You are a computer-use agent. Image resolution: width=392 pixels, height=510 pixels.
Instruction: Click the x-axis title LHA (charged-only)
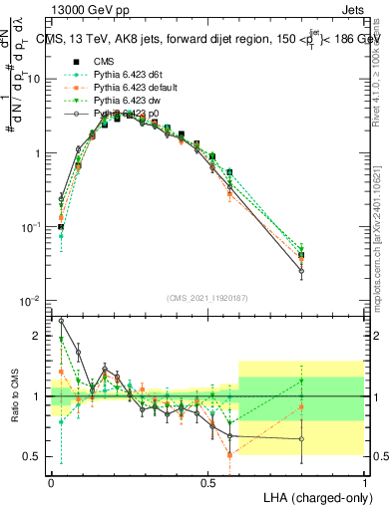[x=311, y=496]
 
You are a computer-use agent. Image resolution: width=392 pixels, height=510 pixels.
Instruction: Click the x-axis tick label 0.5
[x=207, y=481]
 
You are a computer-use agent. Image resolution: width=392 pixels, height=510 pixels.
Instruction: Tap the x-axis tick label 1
[x=364, y=481]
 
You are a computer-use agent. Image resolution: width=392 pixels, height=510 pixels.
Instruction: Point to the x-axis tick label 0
[x=51, y=481]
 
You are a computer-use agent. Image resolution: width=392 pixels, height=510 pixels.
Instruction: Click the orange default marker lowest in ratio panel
[x=230, y=455]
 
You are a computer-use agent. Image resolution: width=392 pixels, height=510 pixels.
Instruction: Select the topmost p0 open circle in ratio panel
[x=62, y=321]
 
